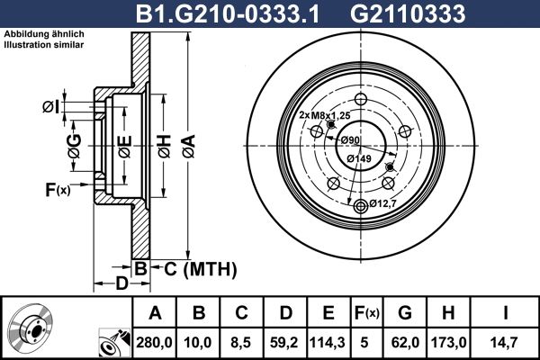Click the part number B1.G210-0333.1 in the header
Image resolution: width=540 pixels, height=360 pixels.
[x=228, y=13]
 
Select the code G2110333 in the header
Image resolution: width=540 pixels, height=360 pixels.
[x=408, y=13]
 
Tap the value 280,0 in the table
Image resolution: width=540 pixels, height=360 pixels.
[x=154, y=342]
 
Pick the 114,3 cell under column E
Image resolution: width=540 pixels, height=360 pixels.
[x=328, y=342]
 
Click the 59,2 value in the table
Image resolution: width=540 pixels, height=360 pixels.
[x=284, y=342]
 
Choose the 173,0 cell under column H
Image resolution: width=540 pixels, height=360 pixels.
[x=449, y=342]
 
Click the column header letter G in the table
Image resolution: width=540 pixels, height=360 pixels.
[x=405, y=313]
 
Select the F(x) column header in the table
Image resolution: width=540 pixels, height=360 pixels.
[x=367, y=313]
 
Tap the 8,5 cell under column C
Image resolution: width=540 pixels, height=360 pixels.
[x=241, y=342]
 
